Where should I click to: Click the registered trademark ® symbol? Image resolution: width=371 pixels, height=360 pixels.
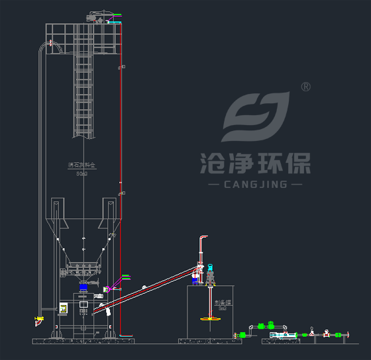pos(305,87)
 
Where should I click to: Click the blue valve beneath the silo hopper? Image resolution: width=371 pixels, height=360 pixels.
pos(83,288)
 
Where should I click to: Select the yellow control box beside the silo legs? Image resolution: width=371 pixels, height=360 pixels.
pos(64,308)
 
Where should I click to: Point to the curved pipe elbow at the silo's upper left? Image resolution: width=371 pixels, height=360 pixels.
pos(48,45)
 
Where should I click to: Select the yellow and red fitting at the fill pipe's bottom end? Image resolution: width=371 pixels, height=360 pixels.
pos(37,321)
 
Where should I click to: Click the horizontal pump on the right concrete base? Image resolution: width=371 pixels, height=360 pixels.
pos(285,335)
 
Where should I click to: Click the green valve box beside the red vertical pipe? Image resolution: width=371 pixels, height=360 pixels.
pos(125,278)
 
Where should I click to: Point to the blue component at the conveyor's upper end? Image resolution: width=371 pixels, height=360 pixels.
pos(195,281)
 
